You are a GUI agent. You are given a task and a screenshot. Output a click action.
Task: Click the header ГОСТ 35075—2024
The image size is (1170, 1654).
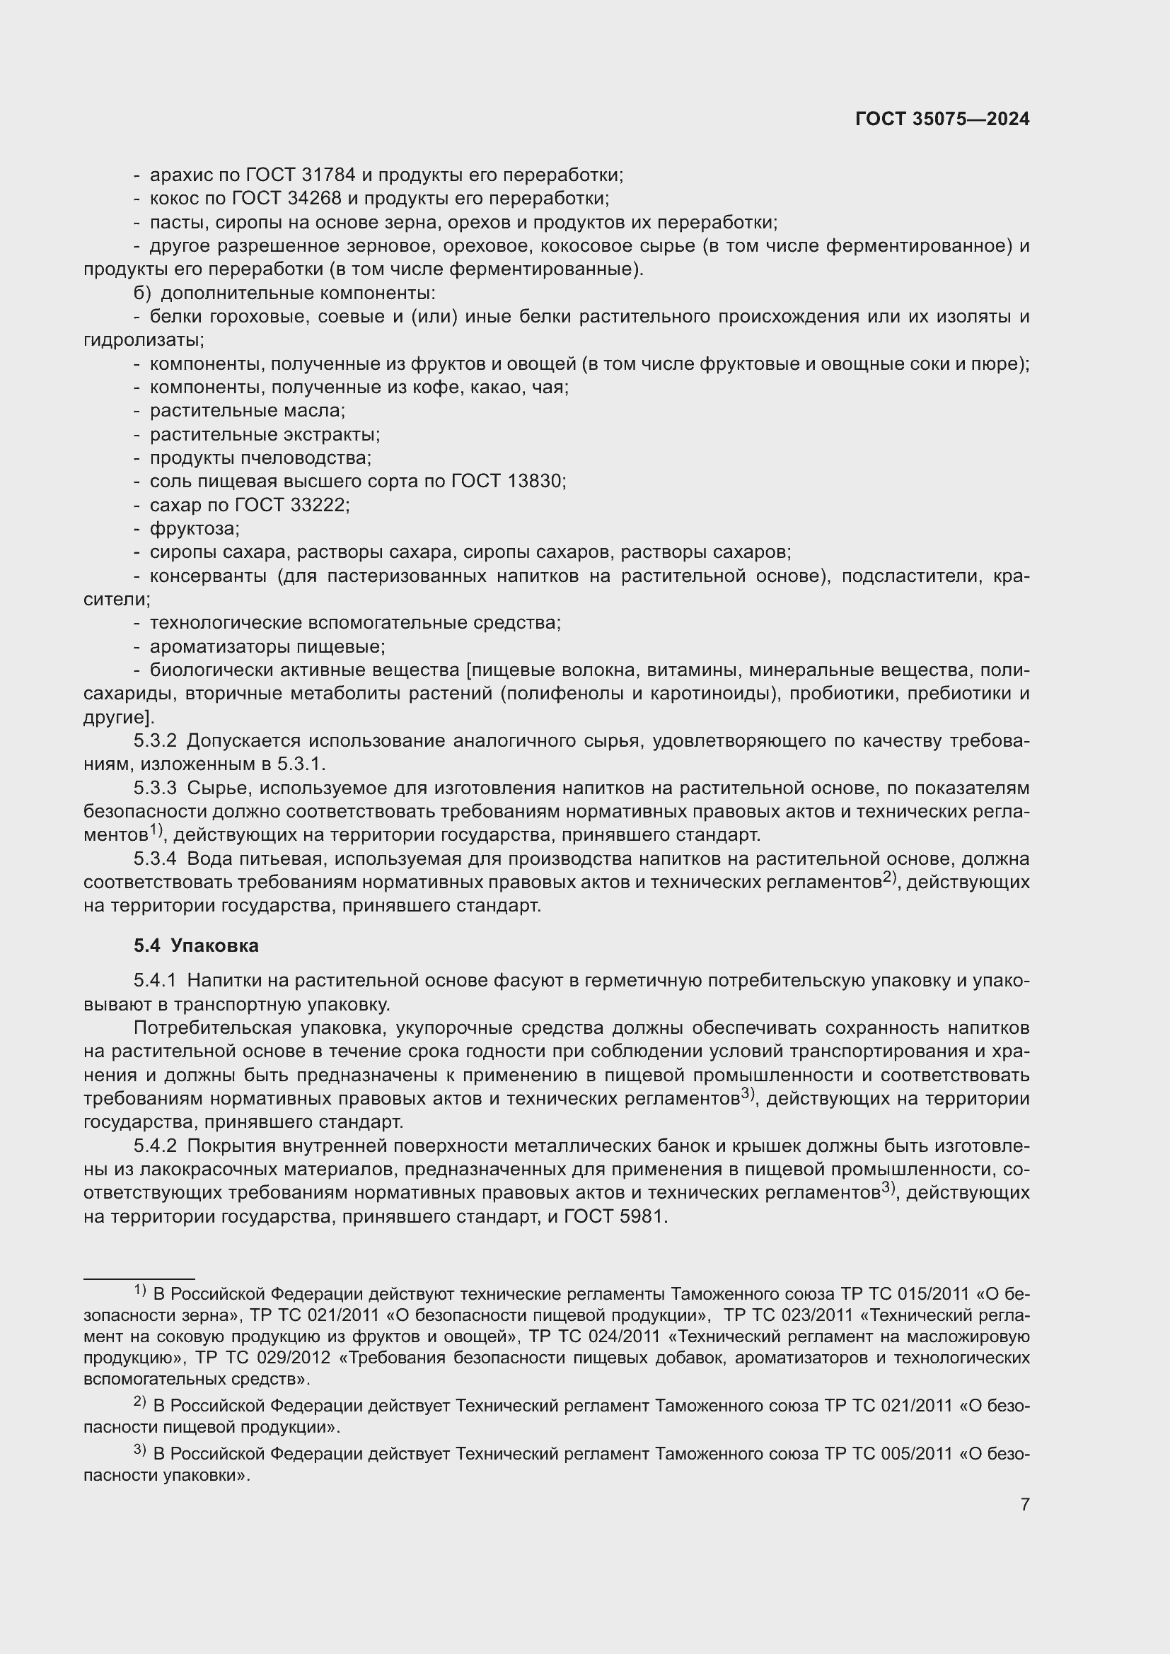click(x=942, y=120)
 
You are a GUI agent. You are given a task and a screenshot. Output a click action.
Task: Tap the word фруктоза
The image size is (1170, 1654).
click(x=195, y=529)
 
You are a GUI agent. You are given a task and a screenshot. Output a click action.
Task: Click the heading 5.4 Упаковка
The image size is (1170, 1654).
click(x=196, y=945)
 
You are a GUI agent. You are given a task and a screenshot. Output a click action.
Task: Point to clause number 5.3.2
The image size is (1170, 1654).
click(x=155, y=740)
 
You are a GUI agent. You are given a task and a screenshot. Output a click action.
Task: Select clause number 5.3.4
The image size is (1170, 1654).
click(x=155, y=858)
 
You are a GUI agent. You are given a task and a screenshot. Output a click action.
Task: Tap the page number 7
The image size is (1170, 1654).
click(x=1024, y=1504)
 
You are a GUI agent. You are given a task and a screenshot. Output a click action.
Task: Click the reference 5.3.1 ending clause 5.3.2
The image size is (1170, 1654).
click(x=301, y=764)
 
